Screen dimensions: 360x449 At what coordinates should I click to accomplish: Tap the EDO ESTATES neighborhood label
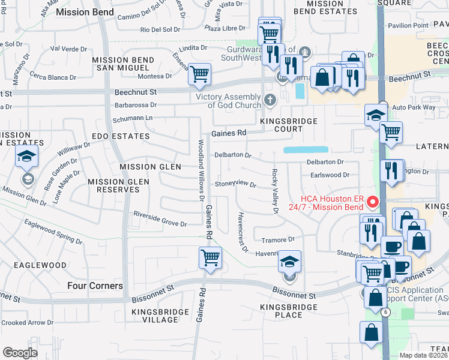(121, 136)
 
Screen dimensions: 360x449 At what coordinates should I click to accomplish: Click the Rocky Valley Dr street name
(275, 191)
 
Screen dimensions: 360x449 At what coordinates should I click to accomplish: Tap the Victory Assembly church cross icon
(270, 100)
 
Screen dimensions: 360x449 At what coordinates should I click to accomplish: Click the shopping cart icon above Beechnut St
(199, 74)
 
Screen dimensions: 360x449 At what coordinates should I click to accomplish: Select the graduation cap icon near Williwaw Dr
(26, 157)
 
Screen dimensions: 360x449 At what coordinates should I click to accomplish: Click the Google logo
(20, 353)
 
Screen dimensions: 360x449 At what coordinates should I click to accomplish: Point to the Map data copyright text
(423, 355)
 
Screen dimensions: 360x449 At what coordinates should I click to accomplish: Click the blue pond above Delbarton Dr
(306, 149)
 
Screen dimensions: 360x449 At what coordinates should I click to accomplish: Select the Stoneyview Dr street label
(235, 184)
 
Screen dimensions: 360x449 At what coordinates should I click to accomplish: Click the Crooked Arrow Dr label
(28, 323)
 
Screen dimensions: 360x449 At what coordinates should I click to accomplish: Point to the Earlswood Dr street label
(330, 175)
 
